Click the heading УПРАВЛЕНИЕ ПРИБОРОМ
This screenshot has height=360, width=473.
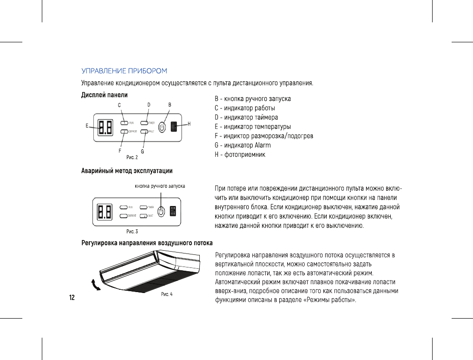tap(124, 71)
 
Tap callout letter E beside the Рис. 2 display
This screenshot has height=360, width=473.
tap(87, 126)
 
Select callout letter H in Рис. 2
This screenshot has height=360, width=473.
tap(189, 124)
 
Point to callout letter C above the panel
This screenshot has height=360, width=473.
tap(119, 106)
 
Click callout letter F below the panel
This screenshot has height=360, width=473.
tap(119, 151)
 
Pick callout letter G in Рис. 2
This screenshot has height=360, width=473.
tap(143, 151)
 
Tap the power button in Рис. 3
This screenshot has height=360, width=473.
tap(161, 211)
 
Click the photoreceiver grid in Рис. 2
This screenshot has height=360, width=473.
tap(174, 127)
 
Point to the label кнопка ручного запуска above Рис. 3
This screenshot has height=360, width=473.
tap(160, 186)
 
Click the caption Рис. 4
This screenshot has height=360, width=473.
tap(167, 294)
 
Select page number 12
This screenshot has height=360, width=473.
tap(72, 297)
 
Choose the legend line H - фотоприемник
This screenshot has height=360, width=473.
tap(240, 154)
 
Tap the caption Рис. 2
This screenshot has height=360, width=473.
tap(132, 157)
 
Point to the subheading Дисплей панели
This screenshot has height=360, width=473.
tap(105, 95)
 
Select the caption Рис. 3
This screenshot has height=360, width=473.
tap(132, 231)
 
